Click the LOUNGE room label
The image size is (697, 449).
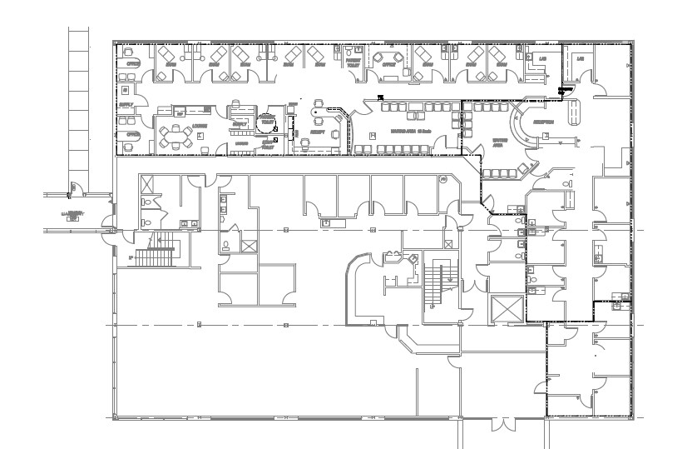199,127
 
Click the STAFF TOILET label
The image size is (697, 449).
268,144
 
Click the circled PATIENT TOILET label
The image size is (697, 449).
267,119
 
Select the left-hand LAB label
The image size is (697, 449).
542,59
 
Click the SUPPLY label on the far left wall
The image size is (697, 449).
126,105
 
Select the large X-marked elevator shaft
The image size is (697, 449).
508,309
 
